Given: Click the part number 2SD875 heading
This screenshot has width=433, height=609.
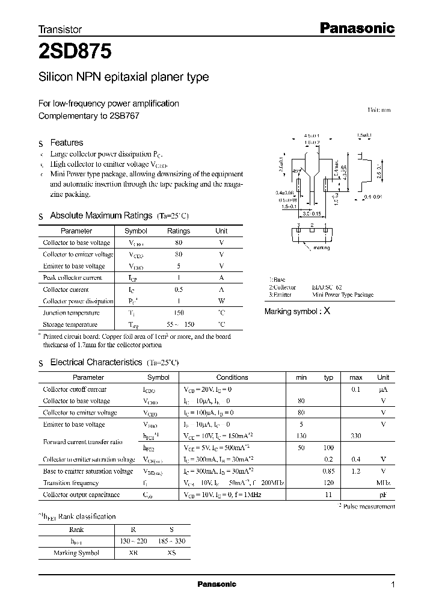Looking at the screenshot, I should click(x=75, y=52).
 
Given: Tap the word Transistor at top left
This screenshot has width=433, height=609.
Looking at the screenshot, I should click(x=60, y=29).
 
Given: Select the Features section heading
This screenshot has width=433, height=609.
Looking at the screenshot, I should click(x=66, y=143).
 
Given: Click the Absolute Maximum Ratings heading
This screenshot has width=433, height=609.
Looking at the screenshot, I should click(x=101, y=215).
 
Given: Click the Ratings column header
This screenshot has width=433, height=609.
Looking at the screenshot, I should click(x=178, y=230).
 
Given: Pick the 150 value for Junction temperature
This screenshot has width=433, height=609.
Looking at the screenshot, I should click(x=178, y=313).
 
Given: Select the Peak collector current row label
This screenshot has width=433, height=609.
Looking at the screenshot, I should click(x=73, y=277).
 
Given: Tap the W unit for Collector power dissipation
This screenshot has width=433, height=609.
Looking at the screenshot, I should click(x=221, y=301).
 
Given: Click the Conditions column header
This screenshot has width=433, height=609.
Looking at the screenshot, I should click(x=232, y=377).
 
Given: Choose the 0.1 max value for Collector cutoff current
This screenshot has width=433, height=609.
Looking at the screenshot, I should click(x=355, y=389).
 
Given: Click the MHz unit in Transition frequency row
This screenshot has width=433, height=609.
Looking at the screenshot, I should click(x=382, y=483).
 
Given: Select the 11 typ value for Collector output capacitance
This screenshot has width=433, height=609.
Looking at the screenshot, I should click(x=328, y=495).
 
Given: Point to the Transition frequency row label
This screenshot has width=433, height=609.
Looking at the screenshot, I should click(x=71, y=483).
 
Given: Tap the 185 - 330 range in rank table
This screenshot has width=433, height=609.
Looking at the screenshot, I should click(x=171, y=541).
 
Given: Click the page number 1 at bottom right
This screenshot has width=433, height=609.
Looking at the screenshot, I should click(x=393, y=585).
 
